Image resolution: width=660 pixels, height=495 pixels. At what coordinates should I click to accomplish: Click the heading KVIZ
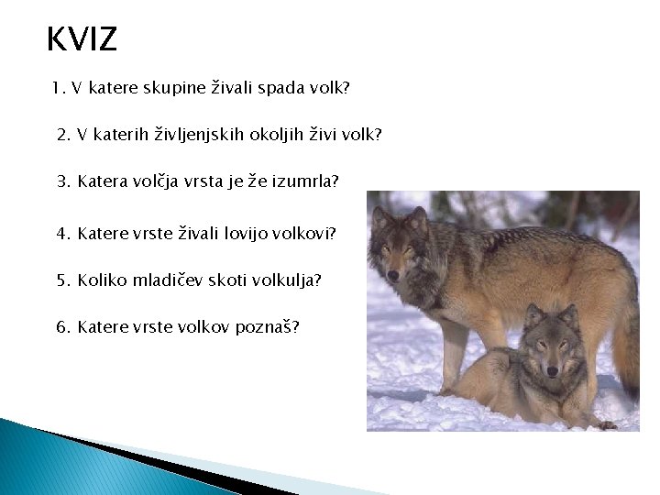[x=82, y=38]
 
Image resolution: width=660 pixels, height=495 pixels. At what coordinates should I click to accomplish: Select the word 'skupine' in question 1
[x=174, y=88]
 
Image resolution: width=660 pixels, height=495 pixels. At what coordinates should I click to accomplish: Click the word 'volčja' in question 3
[x=155, y=181]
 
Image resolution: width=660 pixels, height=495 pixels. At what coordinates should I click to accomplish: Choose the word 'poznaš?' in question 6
[x=268, y=327]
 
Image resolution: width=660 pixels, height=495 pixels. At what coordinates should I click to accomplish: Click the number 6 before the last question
[x=63, y=327]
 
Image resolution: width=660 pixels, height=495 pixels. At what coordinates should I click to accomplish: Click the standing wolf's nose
[x=393, y=276]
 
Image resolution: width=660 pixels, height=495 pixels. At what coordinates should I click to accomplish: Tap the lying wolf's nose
[x=552, y=371]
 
